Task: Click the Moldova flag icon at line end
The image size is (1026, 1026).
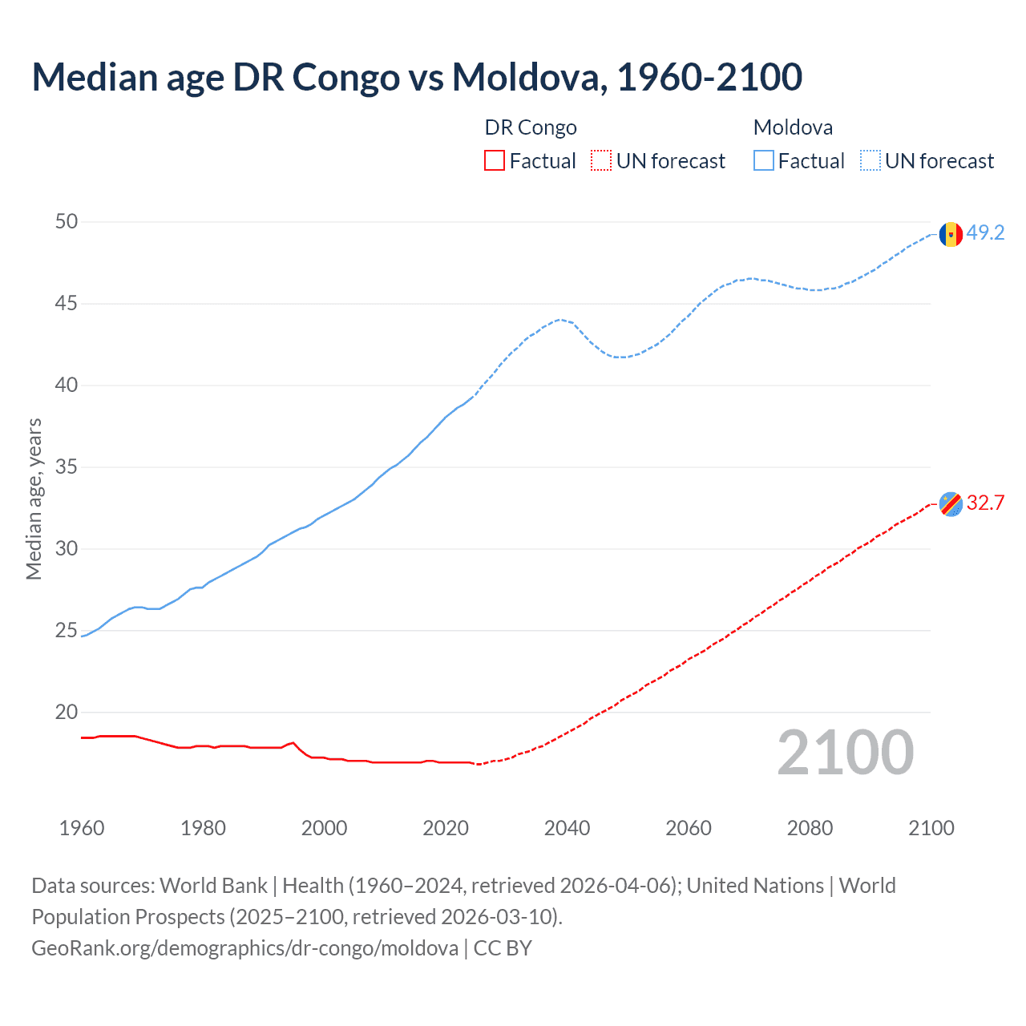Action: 951,234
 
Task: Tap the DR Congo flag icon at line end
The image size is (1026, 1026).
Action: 951,504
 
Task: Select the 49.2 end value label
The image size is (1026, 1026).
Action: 985,233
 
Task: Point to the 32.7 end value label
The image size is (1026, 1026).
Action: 985,503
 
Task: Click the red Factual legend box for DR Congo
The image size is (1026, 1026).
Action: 495,161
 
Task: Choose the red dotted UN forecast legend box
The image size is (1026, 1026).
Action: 601,161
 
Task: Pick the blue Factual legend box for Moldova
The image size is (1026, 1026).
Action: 764,161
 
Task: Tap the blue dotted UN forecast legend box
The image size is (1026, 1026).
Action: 870,161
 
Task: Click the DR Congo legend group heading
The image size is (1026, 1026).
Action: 531,127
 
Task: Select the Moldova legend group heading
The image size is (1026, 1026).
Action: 793,127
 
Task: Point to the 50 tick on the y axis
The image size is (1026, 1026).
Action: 67,221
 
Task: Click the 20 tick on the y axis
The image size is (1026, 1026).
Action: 67,712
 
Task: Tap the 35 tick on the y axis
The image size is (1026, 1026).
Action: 67,467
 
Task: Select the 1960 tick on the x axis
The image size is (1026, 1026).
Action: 82,828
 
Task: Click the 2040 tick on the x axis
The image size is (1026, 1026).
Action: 567,828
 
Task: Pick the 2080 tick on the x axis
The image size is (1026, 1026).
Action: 810,828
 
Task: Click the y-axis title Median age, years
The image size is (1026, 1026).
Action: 34,499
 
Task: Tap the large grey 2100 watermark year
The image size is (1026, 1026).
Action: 845,753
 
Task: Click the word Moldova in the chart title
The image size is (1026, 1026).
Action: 525,77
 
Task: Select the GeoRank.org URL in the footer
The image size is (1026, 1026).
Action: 244,948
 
